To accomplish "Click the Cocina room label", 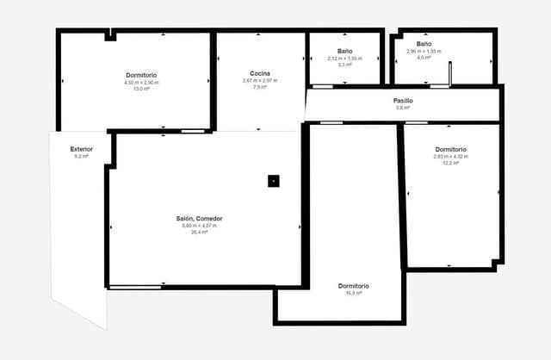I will (x=261, y=73).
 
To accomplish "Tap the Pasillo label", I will (x=403, y=101).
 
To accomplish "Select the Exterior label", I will (x=82, y=149).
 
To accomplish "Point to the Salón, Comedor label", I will (x=199, y=219).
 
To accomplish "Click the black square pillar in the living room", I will (x=273, y=181).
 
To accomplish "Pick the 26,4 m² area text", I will (x=199, y=233).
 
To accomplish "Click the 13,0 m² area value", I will (x=142, y=89).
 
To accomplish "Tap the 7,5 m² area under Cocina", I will (x=261, y=87).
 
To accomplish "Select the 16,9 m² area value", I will (x=354, y=293).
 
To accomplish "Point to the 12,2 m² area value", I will (x=450, y=163).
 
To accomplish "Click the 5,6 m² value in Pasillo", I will (x=403, y=108).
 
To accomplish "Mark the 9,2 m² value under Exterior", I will (x=82, y=157).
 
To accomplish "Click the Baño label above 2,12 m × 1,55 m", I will (x=344, y=51).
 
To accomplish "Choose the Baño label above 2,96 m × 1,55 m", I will (x=424, y=44).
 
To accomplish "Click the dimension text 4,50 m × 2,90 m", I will (x=142, y=82).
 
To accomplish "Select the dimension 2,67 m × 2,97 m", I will (x=261, y=81).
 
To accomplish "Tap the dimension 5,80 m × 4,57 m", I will (x=199, y=226).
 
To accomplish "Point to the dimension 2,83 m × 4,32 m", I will (x=450, y=156).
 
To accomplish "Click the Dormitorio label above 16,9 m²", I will (x=354, y=286).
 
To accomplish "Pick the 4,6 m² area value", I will (x=424, y=58).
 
